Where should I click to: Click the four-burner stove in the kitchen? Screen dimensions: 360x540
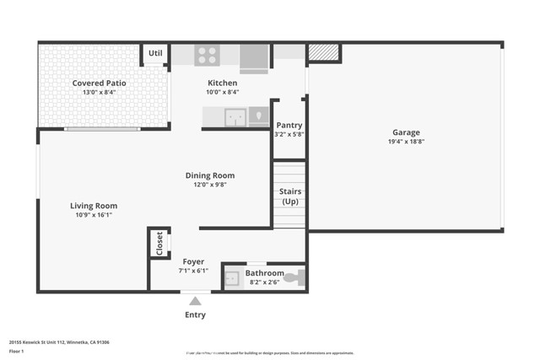point(207,55)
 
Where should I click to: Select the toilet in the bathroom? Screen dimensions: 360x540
point(292,277)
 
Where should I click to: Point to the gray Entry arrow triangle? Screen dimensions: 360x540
point(195,301)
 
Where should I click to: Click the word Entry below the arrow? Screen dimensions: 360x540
point(195,315)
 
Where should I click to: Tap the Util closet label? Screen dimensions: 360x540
point(155,54)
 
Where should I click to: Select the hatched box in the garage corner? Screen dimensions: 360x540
point(323,53)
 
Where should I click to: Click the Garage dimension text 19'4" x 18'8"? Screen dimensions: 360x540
point(406,142)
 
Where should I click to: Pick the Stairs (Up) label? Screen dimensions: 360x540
point(289,196)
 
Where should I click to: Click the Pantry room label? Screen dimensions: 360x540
point(289,125)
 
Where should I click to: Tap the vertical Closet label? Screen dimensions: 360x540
point(159,243)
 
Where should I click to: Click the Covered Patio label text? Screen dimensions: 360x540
point(100,83)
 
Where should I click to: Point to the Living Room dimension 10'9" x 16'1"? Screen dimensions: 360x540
point(93,214)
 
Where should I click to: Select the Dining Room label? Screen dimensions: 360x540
point(210,175)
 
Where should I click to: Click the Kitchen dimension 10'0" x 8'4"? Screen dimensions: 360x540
point(223,92)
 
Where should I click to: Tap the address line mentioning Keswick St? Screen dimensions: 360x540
point(59,342)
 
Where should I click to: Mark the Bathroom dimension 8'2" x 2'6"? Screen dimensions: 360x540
point(264,282)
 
